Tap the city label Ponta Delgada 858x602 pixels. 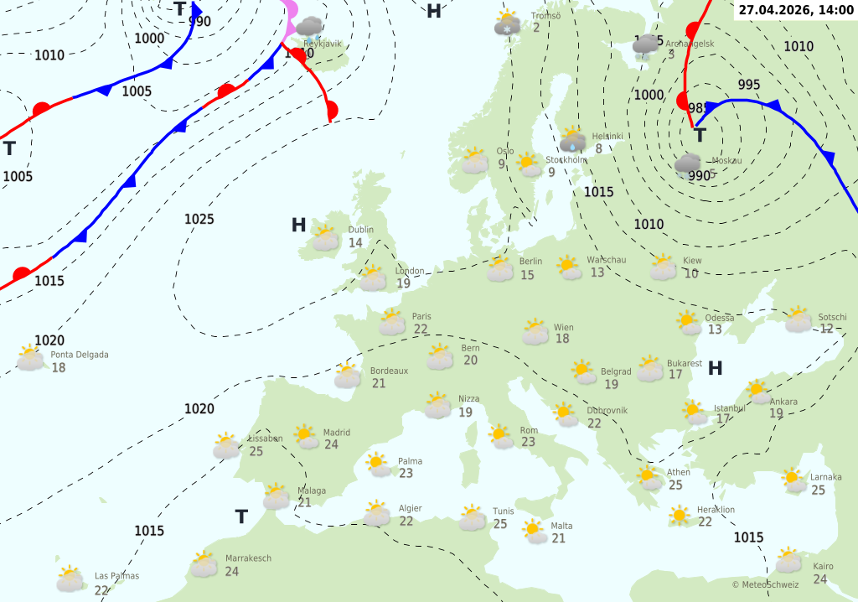click(x=80, y=355)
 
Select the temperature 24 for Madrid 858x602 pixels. click(x=331, y=444)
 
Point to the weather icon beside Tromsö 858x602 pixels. click(x=507, y=23)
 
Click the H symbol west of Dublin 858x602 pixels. click(x=298, y=225)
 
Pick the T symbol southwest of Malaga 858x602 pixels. click(x=241, y=516)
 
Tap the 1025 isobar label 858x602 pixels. click(x=199, y=219)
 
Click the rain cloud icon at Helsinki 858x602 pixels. click(x=573, y=140)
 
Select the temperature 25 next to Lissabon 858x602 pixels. click(x=256, y=451)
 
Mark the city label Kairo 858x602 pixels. click(x=824, y=566)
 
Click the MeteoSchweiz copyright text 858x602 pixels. click(x=765, y=584)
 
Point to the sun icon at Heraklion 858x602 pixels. click(x=680, y=515)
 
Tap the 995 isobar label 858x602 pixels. click(x=749, y=85)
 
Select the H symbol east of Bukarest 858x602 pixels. click(x=716, y=368)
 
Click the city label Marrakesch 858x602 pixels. click(x=248, y=558)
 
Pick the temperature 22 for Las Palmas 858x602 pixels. click(x=102, y=589)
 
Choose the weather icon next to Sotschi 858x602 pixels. click(x=798, y=319)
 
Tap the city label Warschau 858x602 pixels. click(x=606, y=260)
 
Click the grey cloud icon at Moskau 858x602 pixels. click(x=688, y=163)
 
